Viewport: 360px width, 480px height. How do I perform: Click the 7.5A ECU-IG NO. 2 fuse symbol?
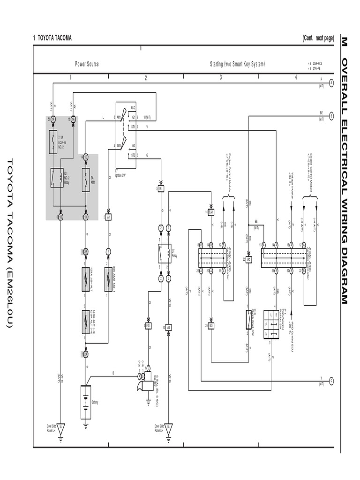(x=53, y=142)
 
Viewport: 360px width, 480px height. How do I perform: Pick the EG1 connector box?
(x=148, y=325)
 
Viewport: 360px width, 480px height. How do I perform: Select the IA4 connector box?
(x=168, y=327)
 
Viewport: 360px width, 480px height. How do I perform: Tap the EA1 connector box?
(x=211, y=212)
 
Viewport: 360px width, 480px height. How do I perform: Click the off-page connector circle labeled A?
(x=331, y=82)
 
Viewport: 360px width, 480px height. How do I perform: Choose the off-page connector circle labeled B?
(x=331, y=116)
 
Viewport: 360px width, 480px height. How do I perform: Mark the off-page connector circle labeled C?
(x=331, y=381)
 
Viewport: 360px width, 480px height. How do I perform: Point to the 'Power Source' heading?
(x=87, y=64)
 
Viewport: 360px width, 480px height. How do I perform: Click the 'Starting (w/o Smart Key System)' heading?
(x=237, y=64)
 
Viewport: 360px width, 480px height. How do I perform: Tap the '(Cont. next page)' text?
(x=318, y=38)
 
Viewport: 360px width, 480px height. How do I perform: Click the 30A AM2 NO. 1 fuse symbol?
(x=108, y=279)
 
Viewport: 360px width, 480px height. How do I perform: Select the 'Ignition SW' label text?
(x=120, y=175)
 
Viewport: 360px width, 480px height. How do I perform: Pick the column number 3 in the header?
(x=221, y=78)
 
